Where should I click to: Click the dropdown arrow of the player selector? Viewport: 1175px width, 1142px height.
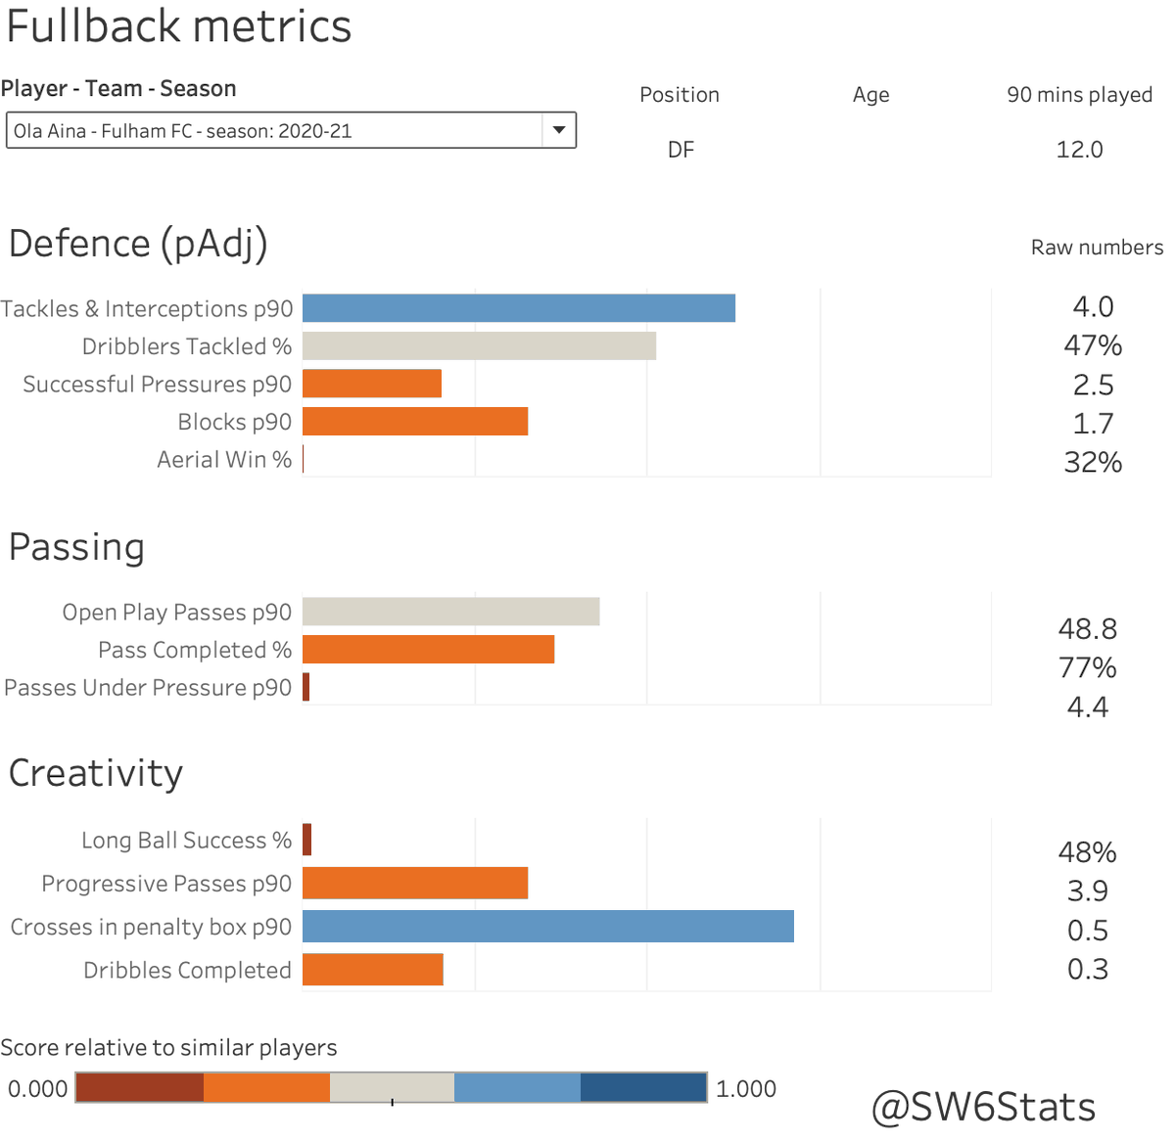559,130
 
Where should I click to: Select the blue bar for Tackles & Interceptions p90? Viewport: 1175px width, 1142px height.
518,308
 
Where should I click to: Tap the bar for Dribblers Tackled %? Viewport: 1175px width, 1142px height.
479,345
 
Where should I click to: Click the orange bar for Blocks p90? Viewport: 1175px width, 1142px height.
415,422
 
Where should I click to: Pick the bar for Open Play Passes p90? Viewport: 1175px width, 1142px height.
450,612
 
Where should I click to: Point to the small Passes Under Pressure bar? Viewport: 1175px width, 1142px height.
306,687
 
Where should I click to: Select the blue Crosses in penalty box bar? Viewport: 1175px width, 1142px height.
547,927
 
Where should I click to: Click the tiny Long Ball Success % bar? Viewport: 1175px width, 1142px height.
307,840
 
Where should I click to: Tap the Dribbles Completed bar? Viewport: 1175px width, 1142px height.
373,970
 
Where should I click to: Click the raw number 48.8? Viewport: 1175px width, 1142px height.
1087,628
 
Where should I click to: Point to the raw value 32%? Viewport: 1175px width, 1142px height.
1093,462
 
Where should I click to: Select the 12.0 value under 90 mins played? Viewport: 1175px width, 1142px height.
1079,150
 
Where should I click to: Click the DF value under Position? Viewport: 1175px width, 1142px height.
681,150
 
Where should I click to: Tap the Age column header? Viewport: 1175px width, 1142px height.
870,95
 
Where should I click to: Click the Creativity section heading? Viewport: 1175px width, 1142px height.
96,773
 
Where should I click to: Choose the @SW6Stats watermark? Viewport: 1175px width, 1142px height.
983,1107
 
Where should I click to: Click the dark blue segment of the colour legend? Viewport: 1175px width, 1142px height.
643,1087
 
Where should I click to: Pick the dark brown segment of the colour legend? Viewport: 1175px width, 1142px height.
139,1087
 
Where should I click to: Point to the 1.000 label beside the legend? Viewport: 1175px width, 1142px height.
746,1089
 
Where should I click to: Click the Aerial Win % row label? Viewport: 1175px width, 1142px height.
224,460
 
